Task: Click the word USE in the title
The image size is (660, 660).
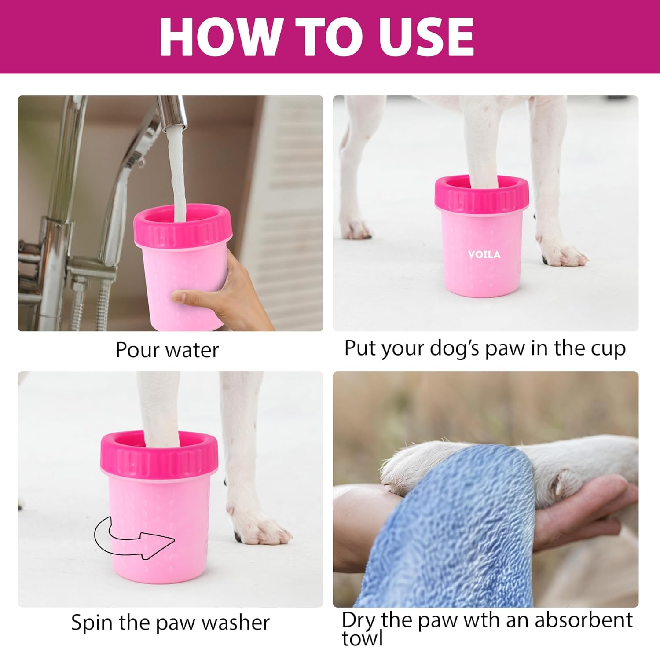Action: [x=429, y=37]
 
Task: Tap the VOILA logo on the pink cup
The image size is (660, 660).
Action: [x=484, y=254]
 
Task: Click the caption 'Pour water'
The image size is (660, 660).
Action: [x=167, y=350]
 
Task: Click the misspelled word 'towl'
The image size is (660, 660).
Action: [x=362, y=638]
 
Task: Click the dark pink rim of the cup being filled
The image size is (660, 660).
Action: [x=183, y=229]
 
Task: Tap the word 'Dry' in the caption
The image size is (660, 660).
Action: [x=359, y=620]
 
